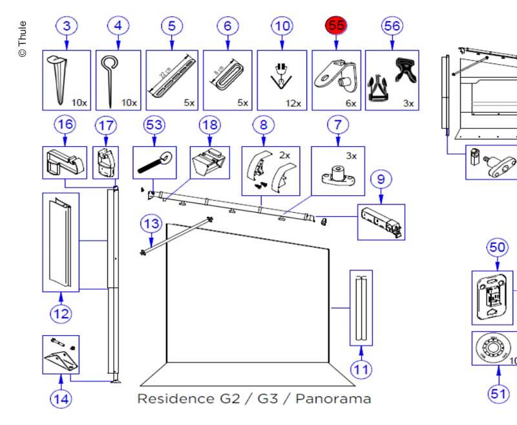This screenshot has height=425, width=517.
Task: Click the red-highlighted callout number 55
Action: click(337, 26)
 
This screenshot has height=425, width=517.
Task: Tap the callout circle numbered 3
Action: click(67, 26)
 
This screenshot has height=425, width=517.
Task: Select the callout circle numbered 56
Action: click(392, 26)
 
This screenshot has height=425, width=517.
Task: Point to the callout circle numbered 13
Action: click(151, 224)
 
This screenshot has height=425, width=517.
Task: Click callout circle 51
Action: click(498, 392)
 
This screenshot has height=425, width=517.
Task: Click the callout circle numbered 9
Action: click(381, 178)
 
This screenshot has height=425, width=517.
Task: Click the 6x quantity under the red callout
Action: click(350, 103)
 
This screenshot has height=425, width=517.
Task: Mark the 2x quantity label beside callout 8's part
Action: click(284, 155)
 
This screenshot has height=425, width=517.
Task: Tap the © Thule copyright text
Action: click(23, 39)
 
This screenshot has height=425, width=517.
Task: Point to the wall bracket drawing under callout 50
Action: click(495, 297)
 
